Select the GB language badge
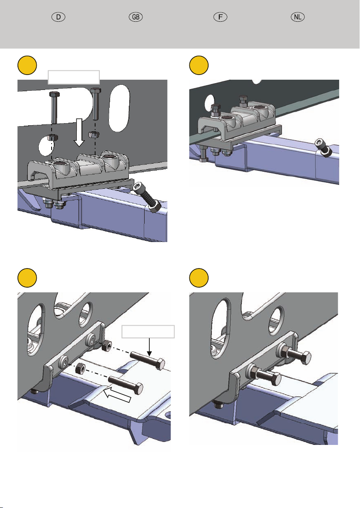[136, 17]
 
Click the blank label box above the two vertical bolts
[73, 77]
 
